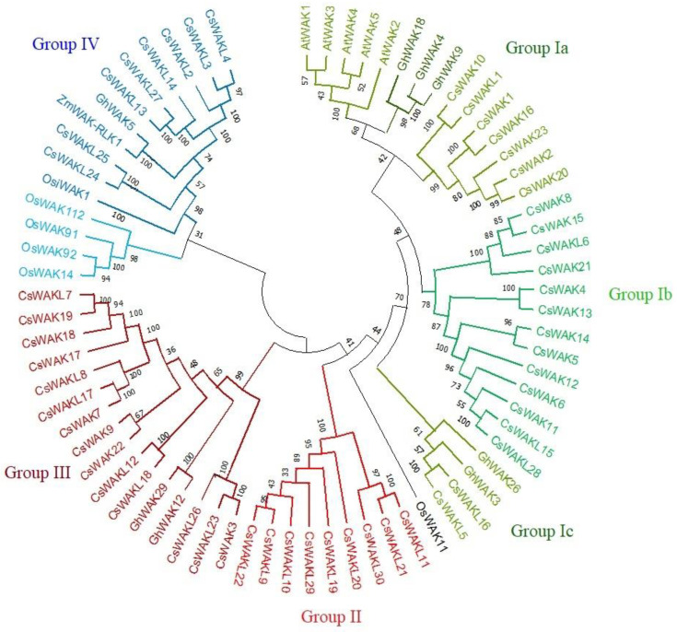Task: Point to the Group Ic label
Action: pos(544,531)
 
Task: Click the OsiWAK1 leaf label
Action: pos(75,182)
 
